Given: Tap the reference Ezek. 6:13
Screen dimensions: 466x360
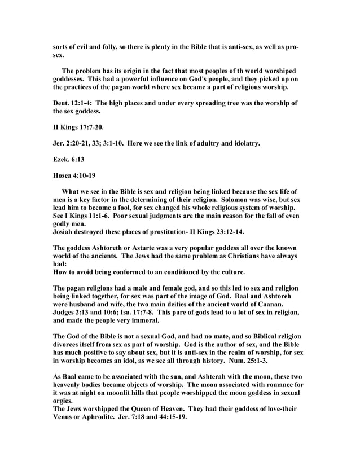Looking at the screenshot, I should coord(68,160).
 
